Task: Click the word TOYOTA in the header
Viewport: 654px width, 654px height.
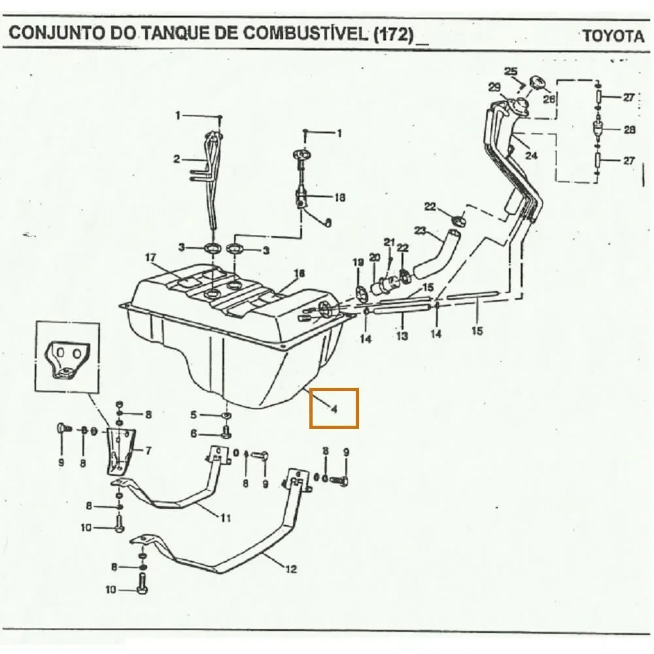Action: pyautogui.click(x=613, y=35)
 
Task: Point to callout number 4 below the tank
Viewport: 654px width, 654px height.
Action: pyautogui.click(x=333, y=409)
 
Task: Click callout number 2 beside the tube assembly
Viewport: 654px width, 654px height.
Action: pyautogui.click(x=176, y=159)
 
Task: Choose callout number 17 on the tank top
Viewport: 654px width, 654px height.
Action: pyautogui.click(x=151, y=257)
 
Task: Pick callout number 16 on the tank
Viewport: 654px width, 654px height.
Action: pyautogui.click(x=300, y=273)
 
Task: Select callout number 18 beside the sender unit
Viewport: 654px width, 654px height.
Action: pyautogui.click(x=339, y=198)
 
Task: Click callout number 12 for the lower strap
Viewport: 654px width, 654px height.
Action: pyautogui.click(x=291, y=569)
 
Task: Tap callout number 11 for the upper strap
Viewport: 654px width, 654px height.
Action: pyautogui.click(x=225, y=518)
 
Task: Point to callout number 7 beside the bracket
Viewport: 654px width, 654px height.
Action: pyautogui.click(x=148, y=450)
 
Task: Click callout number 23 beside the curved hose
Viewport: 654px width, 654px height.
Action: pyautogui.click(x=420, y=230)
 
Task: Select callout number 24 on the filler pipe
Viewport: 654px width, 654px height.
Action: pyautogui.click(x=531, y=156)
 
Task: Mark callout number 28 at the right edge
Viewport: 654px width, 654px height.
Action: pyautogui.click(x=629, y=129)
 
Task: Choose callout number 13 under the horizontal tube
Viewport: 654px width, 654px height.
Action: pyautogui.click(x=402, y=336)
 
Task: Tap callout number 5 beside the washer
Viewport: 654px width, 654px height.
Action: pyautogui.click(x=194, y=415)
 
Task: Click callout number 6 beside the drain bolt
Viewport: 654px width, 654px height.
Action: pyautogui.click(x=194, y=434)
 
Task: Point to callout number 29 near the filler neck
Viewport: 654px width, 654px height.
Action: pyautogui.click(x=494, y=87)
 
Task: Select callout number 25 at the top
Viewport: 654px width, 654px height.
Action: pyautogui.click(x=511, y=71)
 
